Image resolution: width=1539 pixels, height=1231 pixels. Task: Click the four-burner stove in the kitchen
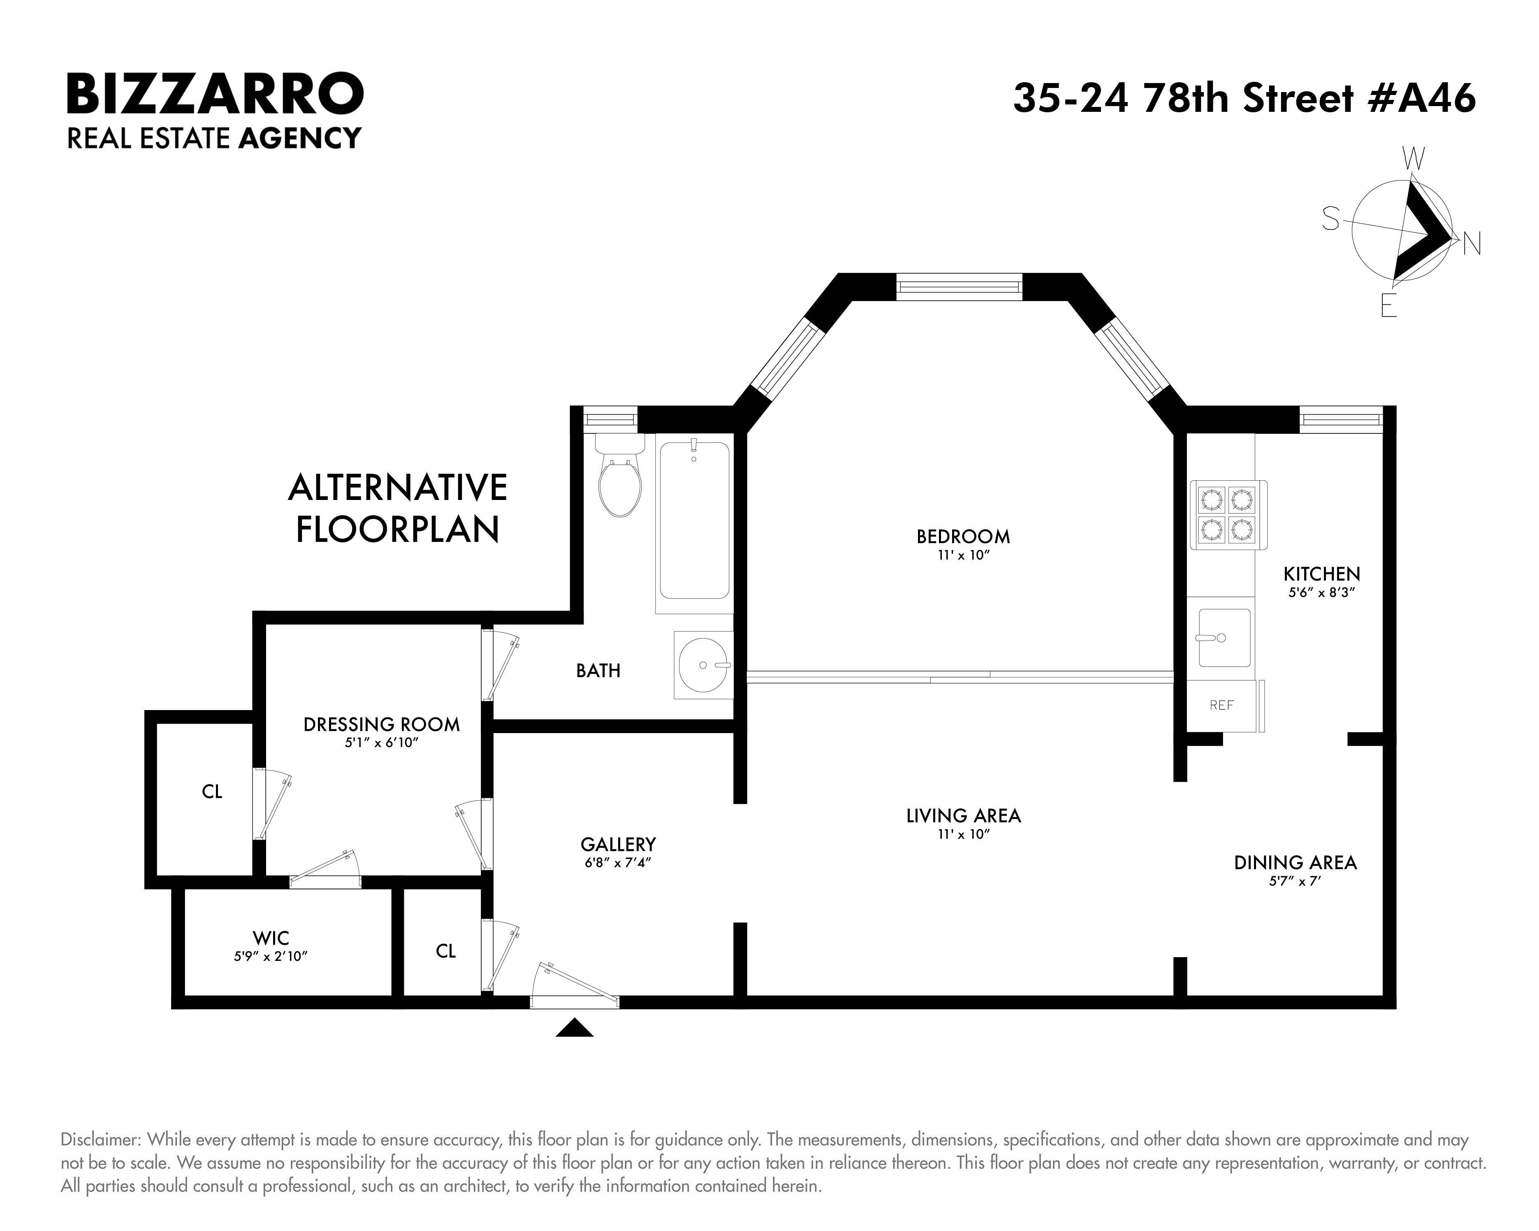coord(1227,514)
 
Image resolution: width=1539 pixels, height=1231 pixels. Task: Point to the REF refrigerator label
coord(1221,705)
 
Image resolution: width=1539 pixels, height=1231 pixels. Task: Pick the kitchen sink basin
coord(1224,637)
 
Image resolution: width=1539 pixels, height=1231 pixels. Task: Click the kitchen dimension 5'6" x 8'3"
coord(1321,592)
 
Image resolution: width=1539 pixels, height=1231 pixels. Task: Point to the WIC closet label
coord(271,938)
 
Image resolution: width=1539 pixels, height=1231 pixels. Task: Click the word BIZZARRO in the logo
coord(215,94)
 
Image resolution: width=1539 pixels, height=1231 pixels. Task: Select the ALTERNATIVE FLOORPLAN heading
coord(398,508)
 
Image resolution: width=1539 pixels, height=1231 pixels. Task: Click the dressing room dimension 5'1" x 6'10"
coord(381,743)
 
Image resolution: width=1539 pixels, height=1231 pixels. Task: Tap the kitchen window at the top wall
coord(1340,420)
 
